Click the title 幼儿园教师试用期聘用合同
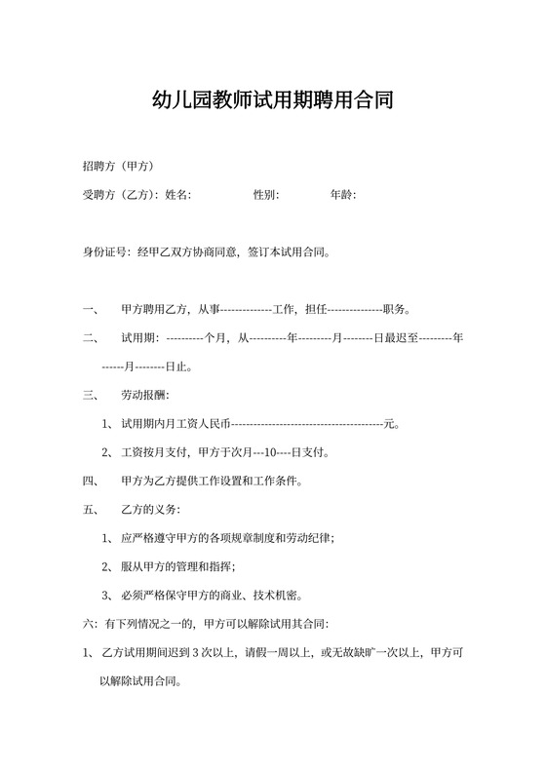pyautogui.click(x=273, y=100)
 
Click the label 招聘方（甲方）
pyautogui.click(x=119, y=167)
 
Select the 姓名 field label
pyautogui.click(x=177, y=195)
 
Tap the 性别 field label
pyautogui.click(x=265, y=195)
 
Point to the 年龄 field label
pyautogui.click(x=342, y=195)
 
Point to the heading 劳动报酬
pyautogui.click(x=143, y=396)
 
